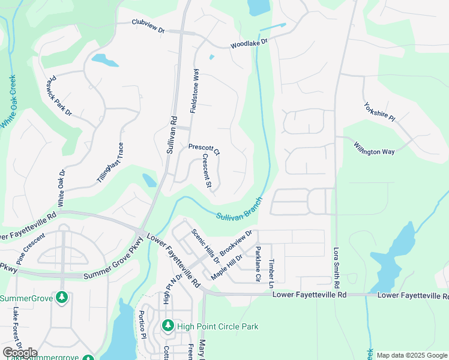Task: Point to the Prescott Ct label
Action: click(x=204, y=149)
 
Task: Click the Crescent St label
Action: click(x=206, y=171)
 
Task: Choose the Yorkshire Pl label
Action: click(x=379, y=112)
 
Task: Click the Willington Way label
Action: click(x=374, y=148)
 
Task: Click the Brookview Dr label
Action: click(x=236, y=242)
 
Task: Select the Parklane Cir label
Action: click(x=258, y=263)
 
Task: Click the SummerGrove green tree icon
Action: click(x=61, y=298)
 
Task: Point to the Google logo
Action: click(x=20, y=353)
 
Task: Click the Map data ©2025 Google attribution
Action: click(x=411, y=355)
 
